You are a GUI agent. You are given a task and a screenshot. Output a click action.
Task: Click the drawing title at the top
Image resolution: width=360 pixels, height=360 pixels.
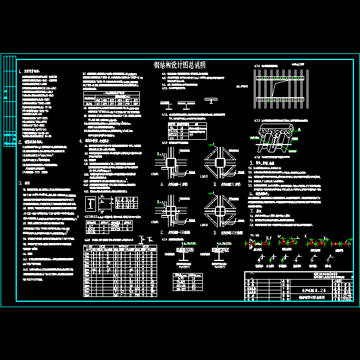180,64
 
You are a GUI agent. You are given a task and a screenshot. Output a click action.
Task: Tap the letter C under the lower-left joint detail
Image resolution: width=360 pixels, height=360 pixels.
161,232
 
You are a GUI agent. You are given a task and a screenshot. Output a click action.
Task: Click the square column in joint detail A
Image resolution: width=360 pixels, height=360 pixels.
170,162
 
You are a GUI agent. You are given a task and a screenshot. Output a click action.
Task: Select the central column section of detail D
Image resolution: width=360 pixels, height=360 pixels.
218,211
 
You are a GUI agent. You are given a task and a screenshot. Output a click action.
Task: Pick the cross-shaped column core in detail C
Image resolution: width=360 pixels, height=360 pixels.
170,211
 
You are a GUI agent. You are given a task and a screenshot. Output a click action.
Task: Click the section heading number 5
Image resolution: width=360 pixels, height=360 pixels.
251,162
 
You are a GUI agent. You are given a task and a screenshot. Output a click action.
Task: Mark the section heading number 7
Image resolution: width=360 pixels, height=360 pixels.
251,211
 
